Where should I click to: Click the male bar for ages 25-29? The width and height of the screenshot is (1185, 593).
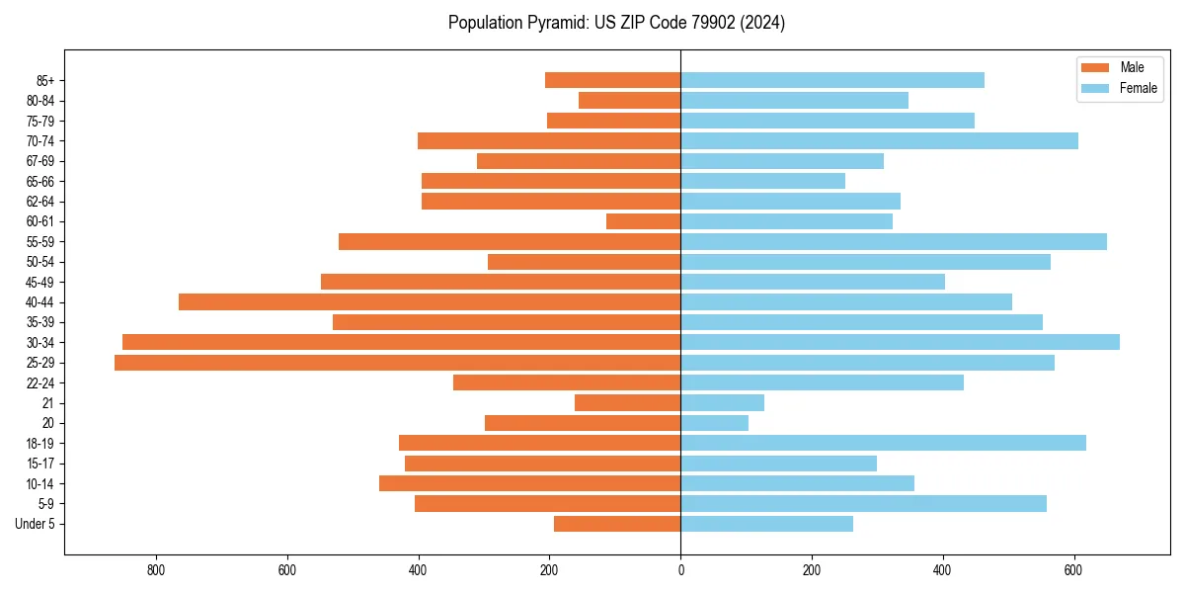pyautogui.click(x=397, y=363)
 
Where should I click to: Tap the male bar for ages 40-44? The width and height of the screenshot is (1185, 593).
pyautogui.click(x=430, y=301)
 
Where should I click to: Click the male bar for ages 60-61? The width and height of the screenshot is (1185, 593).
pyautogui.click(x=643, y=221)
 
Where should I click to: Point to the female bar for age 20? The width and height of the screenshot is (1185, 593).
pyautogui.click(x=714, y=423)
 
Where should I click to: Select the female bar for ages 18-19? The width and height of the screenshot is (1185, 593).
pyautogui.click(x=883, y=443)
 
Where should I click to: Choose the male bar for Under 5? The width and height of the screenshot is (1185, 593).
pyautogui.click(x=617, y=524)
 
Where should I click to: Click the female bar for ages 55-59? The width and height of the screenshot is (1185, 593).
pyautogui.click(x=894, y=241)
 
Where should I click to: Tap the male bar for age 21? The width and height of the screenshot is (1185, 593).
pyautogui.click(x=627, y=402)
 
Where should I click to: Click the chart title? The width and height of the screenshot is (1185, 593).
pyautogui.click(x=616, y=23)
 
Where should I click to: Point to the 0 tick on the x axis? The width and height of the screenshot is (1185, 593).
pyautogui.click(x=680, y=570)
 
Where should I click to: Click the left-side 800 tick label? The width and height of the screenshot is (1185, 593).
pyautogui.click(x=156, y=570)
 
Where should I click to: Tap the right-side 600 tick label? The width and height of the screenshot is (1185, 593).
pyautogui.click(x=1074, y=570)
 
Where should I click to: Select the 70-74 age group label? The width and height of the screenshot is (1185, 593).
pyautogui.click(x=40, y=140)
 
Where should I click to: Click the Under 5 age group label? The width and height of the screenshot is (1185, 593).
pyautogui.click(x=35, y=524)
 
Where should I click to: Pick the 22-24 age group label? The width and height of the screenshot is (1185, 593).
pyautogui.click(x=40, y=382)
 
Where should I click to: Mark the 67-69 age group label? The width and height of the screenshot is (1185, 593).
pyautogui.click(x=40, y=161)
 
